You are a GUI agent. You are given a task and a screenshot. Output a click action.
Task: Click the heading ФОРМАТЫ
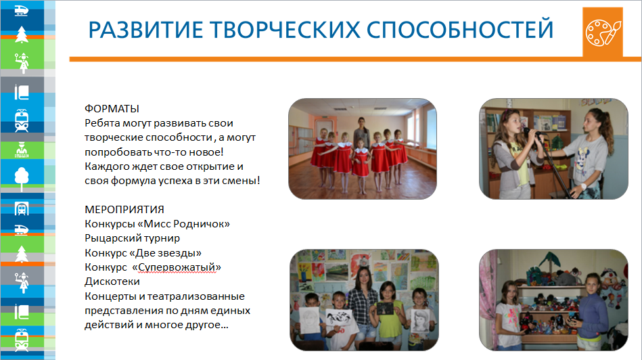pyautogui.click(x=112, y=109)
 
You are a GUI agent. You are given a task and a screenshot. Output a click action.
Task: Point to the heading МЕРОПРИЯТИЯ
pyautogui.click(x=124, y=209)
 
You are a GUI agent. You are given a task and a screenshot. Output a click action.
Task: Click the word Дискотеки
pyautogui.click(x=112, y=282)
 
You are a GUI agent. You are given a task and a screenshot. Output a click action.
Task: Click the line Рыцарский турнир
pyautogui.click(x=133, y=238)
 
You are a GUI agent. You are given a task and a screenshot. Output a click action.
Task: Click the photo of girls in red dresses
pyautogui.click(x=363, y=149)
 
